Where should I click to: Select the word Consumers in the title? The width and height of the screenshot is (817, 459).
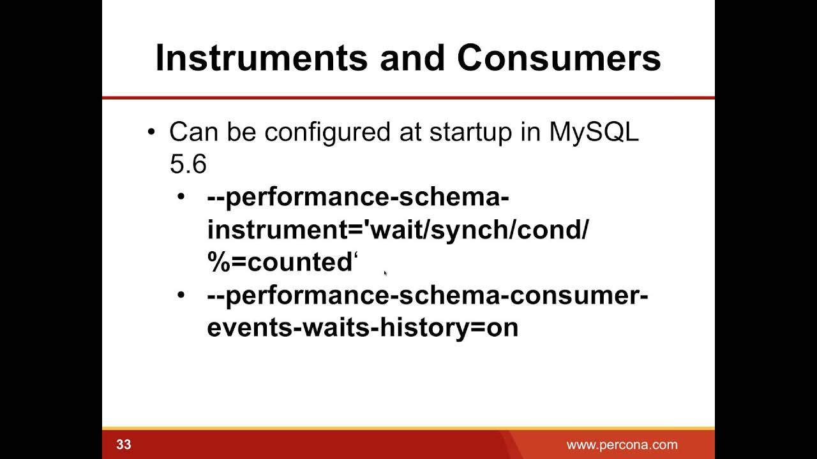pos(558,58)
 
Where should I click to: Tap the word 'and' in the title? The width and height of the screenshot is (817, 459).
pos(412,58)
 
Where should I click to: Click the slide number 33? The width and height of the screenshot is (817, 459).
pos(124,444)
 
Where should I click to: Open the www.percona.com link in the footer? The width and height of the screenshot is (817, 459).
pos(622,445)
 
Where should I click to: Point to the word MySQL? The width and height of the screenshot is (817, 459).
pos(594,133)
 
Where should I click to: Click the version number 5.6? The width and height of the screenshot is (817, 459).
pos(188,164)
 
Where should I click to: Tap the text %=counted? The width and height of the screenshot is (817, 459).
pos(280,263)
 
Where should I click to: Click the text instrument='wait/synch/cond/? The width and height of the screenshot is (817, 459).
pos(397,230)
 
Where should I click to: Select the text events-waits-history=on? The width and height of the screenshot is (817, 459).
pos(362,328)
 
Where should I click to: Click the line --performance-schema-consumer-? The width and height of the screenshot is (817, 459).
pos(427,296)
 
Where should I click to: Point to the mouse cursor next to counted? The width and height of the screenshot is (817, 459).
pos(386,273)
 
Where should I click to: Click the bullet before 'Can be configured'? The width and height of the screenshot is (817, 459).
pos(151,133)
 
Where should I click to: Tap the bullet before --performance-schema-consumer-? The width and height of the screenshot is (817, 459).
pos(183,295)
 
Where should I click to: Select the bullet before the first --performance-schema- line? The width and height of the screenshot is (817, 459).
pos(183,197)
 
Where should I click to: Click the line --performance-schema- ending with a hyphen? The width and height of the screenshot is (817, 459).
pos(357,198)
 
